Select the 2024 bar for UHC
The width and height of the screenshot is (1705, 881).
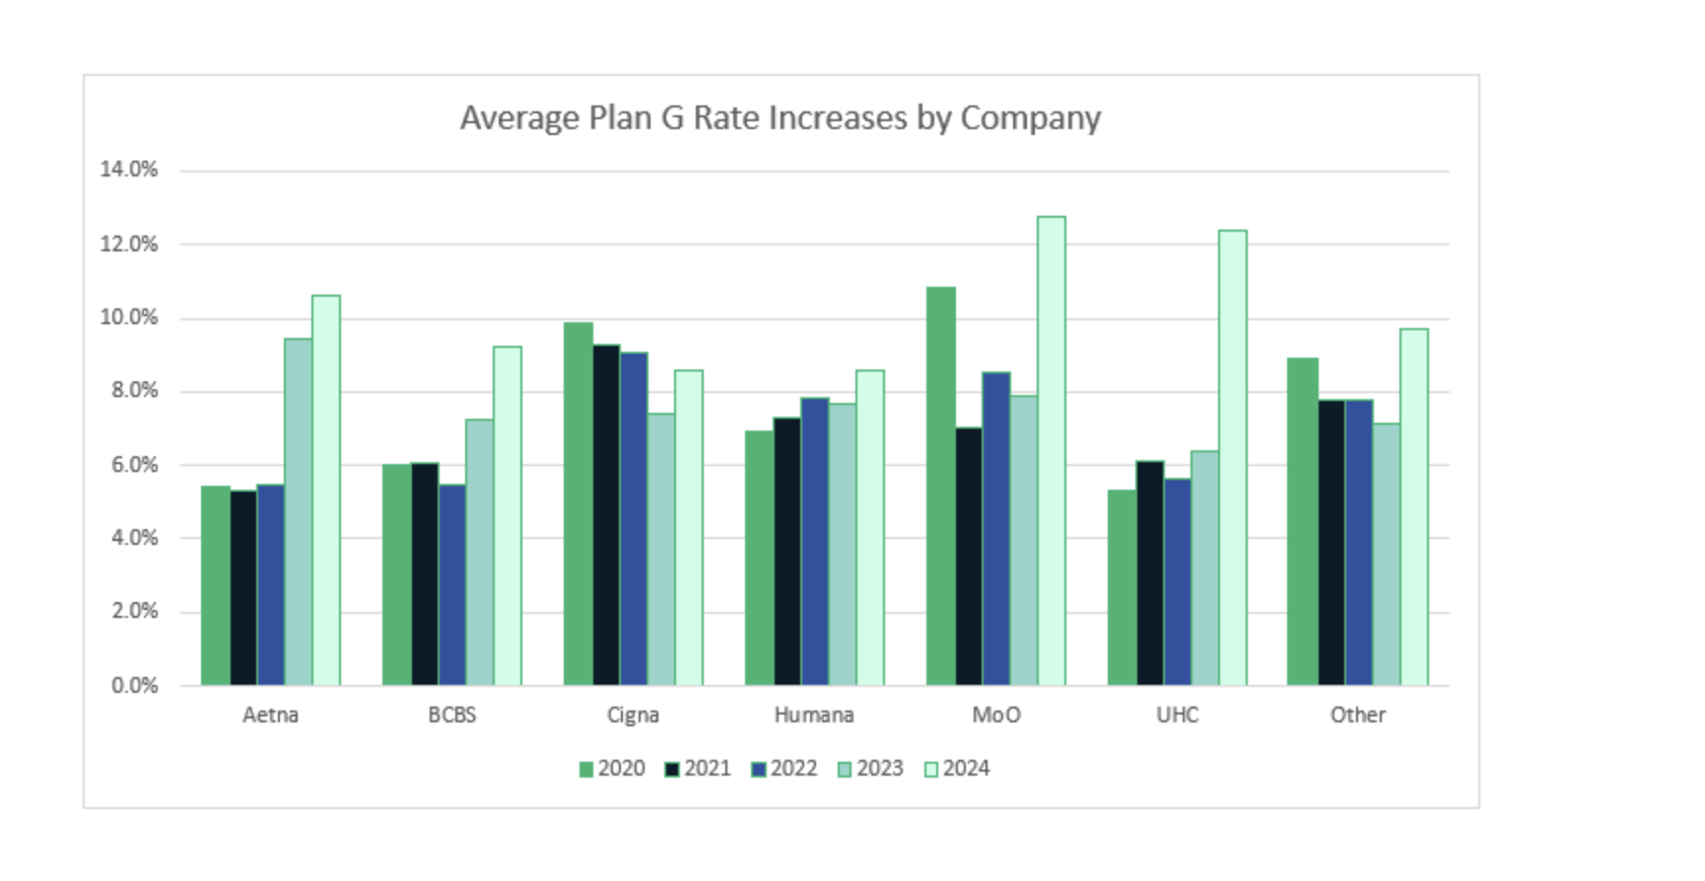[x=1232, y=458]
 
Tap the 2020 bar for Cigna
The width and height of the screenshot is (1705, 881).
[x=579, y=504]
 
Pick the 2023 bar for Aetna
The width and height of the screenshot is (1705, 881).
[x=299, y=512]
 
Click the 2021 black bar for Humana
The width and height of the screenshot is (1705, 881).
[x=787, y=552]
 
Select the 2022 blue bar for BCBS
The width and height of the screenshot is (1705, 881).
[x=452, y=585]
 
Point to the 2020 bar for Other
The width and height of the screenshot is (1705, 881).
[x=1302, y=521]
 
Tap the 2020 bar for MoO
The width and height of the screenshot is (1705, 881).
[x=940, y=487]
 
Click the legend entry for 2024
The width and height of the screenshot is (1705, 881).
[x=957, y=769]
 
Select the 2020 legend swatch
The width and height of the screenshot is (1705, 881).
[x=586, y=770]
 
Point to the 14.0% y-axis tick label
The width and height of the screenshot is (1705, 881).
[x=129, y=169]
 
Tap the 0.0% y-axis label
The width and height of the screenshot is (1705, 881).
[x=134, y=686]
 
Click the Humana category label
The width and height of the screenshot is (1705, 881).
[x=814, y=715]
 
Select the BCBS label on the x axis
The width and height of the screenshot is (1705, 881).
[x=452, y=715]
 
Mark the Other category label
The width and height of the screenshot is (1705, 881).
[x=1357, y=715]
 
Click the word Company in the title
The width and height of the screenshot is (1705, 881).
[x=1030, y=118]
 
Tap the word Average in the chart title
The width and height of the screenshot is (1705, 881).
[x=519, y=118]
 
